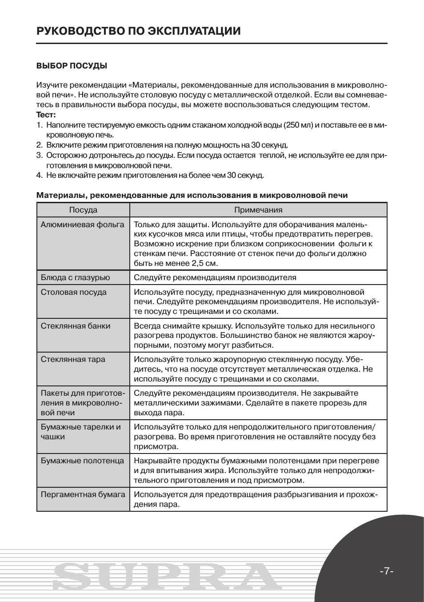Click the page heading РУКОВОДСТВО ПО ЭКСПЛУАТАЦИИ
(138, 31)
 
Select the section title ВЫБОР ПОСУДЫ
(72, 66)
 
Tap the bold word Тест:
(46, 115)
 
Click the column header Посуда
(83, 210)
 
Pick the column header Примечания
(258, 210)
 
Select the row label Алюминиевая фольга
(82, 225)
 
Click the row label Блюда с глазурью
(75, 277)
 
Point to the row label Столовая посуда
(74, 292)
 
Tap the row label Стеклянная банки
(76, 326)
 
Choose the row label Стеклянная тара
(73, 359)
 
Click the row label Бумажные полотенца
(82, 461)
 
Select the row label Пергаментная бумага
(83, 494)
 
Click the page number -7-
(387, 571)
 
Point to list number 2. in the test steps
(39, 145)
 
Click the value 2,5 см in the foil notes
(204, 263)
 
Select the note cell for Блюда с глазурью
(215, 277)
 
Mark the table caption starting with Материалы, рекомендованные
(192, 195)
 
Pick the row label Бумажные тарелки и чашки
(80, 432)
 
